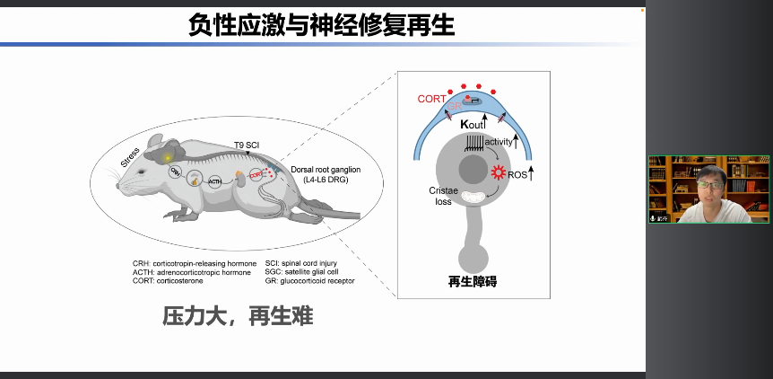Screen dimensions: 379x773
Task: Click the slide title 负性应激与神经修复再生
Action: point(322,24)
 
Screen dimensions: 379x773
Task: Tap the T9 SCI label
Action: point(248,145)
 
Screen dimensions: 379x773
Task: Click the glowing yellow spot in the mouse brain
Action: point(168,158)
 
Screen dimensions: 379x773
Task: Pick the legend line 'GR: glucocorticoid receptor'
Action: point(310,281)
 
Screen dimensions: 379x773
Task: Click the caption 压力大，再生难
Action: point(238,316)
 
